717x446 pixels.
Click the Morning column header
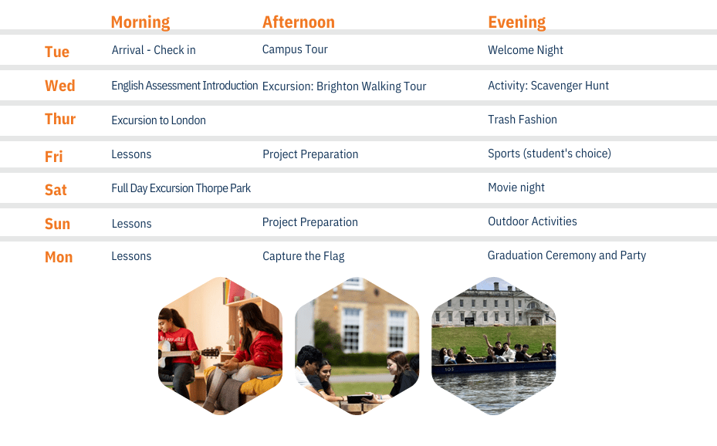pyautogui.click(x=140, y=22)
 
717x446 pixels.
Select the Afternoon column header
pyautogui.click(x=299, y=22)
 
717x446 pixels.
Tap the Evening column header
pyautogui.click(x=516, y=22)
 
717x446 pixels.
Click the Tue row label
pyautogui.click(x=57, y=52)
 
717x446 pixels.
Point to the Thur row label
pyautogui.click(x=60, y=119)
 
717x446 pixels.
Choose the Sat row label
pyautogui.click(x=56, y=190)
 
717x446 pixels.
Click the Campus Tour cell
pyautogui.click(x=295, y=49)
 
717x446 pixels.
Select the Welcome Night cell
pyautogui.click(x=526, y=50)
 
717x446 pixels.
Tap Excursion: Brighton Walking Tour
pyautogui.click(x=344, y=86)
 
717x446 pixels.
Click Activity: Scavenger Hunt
pyautogui.click(x=548, y=86)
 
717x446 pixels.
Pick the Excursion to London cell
pyautogui.click(x=159, y=120)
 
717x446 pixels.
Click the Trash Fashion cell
pyautogui.click(x=523, y=120)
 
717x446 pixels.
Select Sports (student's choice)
pyautogui.click(x=550, y=154)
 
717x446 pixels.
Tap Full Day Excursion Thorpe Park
pyautogui.click(x=181, y=188)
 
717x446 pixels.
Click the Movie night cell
pyautogui.click(x=516, y=188)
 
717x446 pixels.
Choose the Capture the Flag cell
pyautogui.click(x=303, y=256)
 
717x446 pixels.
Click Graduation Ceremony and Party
pyautogui.click(x=566, y=255)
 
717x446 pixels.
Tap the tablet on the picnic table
pyautogui.click(x=360, y=399)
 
